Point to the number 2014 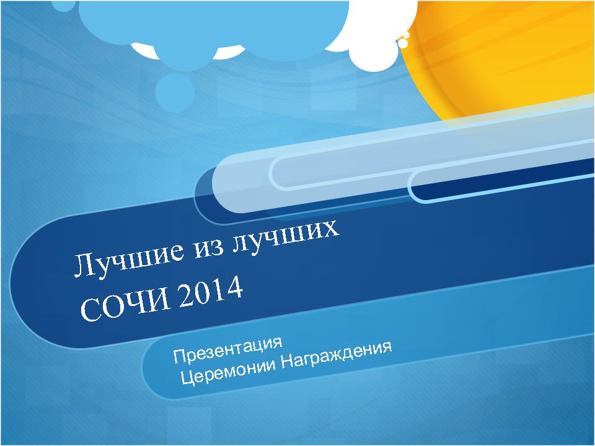(x=211, y=290)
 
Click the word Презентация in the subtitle (x=228, y=349)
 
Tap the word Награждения (x=337, y=356)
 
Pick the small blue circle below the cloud (x=175, y=92)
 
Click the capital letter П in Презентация (x=179, y=357)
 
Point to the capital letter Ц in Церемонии (x=188, y=377)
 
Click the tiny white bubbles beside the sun (x=405, y=40)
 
